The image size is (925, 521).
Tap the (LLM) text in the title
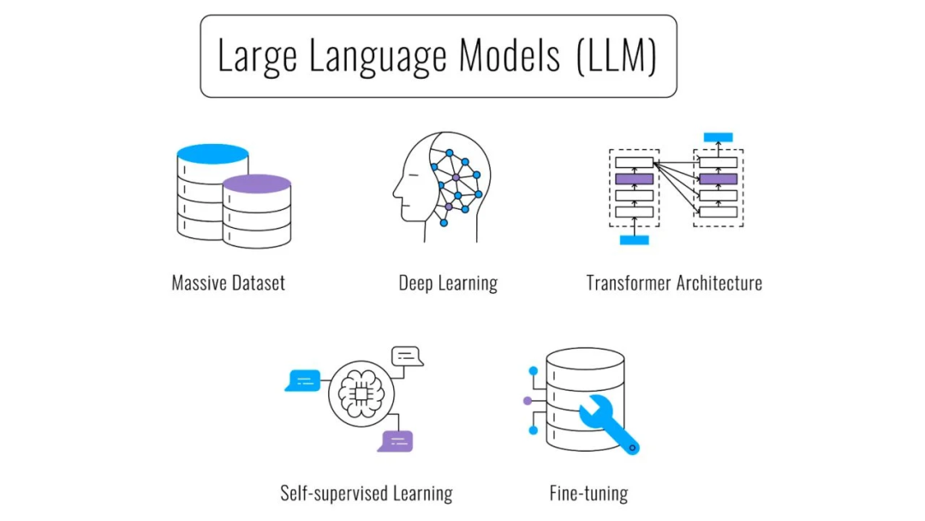615,57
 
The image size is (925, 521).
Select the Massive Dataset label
228,283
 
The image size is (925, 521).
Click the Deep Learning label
448,283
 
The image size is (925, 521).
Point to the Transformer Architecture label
674,283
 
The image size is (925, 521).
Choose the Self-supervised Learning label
367,493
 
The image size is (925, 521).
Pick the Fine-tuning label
588,493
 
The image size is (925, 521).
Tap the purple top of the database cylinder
256,183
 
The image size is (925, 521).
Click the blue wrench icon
610,422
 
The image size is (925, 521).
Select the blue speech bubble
303,380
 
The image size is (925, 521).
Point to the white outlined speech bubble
407,355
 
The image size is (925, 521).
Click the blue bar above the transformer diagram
718,137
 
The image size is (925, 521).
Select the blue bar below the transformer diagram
634,240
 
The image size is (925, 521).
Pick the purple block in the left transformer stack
634,179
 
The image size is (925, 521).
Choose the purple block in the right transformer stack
718,179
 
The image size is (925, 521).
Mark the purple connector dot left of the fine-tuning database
526,400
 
